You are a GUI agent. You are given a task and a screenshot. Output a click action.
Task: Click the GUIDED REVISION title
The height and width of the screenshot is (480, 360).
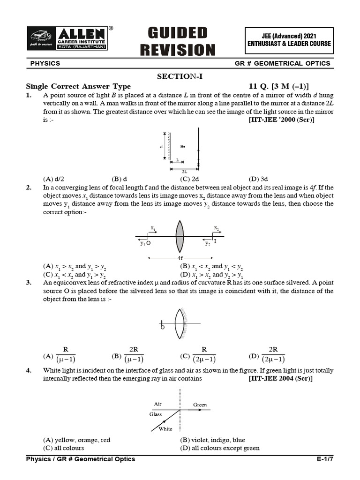(x=181, y=41)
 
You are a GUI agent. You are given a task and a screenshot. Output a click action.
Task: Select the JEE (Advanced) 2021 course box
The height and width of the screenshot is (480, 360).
(x=289, y=39)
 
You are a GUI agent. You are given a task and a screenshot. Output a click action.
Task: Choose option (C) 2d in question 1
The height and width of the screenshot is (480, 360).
(x=190, y=179)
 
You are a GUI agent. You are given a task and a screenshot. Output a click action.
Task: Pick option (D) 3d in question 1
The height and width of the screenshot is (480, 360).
(x=258, y=179)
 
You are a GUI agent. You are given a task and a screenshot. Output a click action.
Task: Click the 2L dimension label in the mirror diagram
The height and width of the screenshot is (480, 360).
(x=185, y=172)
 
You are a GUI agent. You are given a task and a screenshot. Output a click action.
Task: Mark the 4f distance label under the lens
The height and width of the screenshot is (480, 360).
(x=180, y=258)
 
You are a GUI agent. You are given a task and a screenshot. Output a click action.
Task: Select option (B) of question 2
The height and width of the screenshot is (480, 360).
(x=211, y=267)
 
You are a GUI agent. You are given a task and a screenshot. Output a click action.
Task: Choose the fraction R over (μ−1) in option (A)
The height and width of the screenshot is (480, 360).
(x=66, y=355)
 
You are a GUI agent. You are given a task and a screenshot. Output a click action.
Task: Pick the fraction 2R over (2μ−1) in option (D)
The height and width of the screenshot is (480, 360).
(x=273, y=355)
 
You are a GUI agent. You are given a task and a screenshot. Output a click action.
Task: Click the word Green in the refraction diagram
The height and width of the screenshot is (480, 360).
(x=200, y=405)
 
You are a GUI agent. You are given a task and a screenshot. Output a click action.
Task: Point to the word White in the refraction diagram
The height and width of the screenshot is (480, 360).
(x=165, y=429)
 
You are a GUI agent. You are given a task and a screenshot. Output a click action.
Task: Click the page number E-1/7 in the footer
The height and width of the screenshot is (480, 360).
(x=325, y=459)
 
